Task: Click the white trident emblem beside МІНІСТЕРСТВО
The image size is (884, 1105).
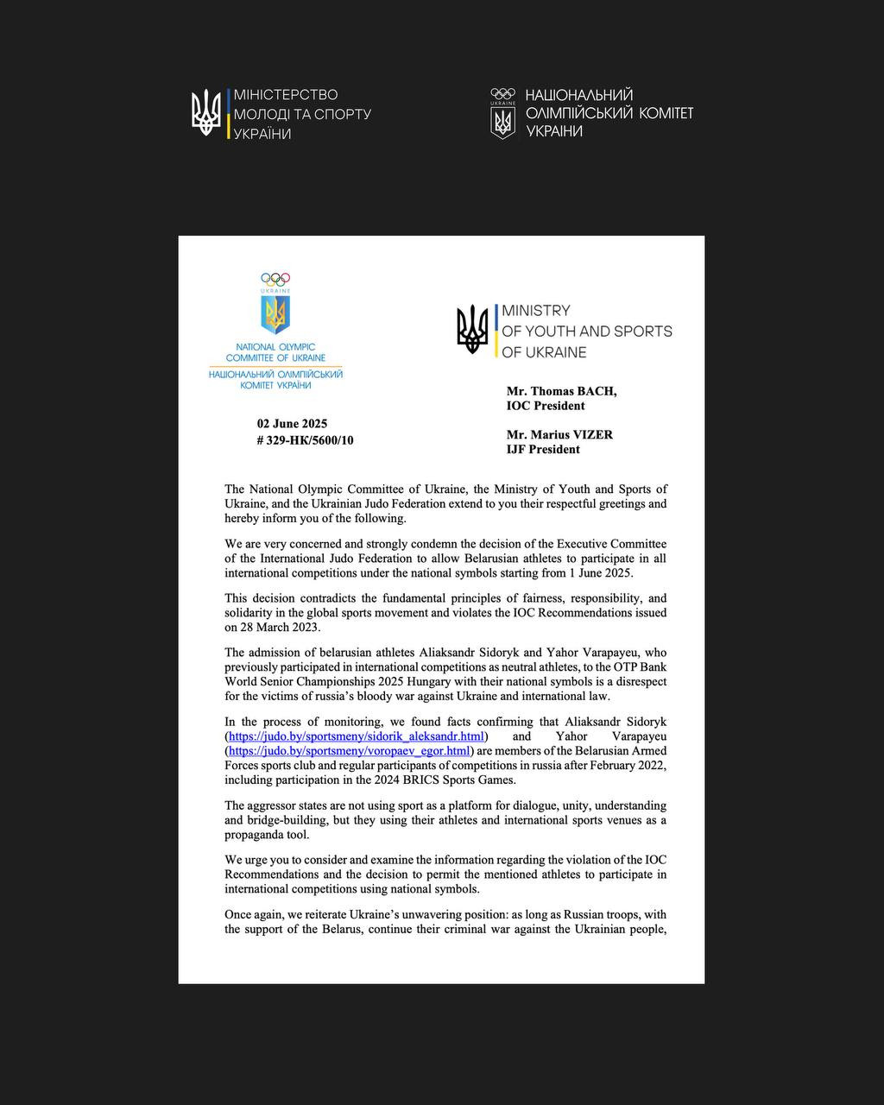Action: pos(206,113)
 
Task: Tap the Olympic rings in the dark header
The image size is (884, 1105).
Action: pos(502,93)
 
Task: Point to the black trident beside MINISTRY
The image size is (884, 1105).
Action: pos(472,330)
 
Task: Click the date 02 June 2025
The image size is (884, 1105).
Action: pos(292,424)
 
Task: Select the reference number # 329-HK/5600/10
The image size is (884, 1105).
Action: pos(305,440)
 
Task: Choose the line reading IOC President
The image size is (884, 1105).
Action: pos(546,406)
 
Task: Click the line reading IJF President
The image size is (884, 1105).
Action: pos(543,449)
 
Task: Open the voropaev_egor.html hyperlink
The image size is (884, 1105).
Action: pos(349,751)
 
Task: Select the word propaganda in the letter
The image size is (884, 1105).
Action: pos(256,835)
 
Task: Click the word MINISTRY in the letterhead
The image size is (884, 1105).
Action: pos(535,310)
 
